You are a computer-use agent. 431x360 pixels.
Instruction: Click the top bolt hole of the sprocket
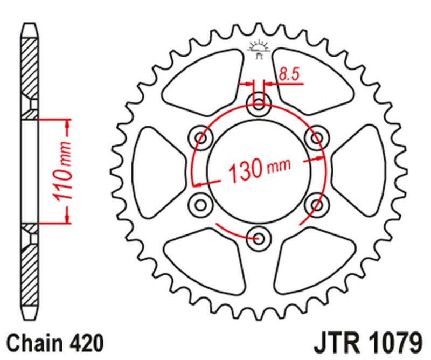click(x=258, y=105)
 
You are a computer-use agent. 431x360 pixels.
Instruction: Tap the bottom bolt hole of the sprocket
click(x=258, y=236)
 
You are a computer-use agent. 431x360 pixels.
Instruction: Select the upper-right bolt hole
click(x=314, y=139)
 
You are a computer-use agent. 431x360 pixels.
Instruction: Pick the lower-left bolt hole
click(x=201, y=204)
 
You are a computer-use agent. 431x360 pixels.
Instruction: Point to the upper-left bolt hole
click(x=201, y=139)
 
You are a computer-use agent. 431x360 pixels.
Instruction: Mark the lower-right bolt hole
click(x=314, y=204)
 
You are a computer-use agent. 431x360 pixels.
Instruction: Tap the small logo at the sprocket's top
click(x=258, y=49)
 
